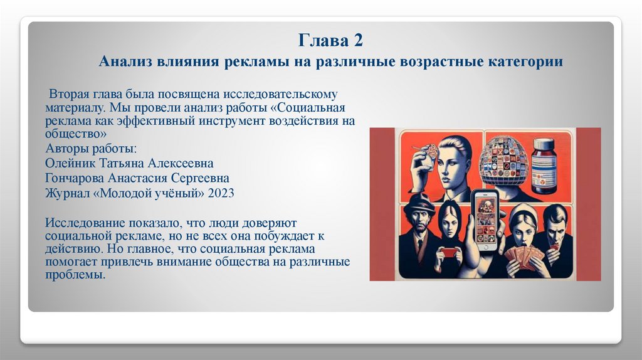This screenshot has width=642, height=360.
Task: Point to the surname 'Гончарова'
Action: pos(75,178)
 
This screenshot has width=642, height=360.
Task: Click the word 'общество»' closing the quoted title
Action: pos(71,134)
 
